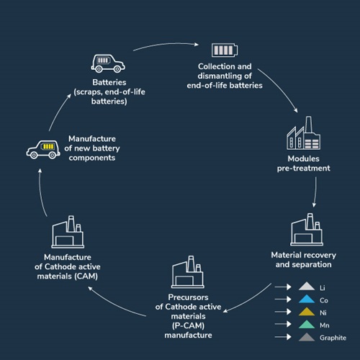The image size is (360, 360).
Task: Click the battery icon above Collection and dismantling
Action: coord(225,50)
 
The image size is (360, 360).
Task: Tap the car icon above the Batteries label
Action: coord(108,63)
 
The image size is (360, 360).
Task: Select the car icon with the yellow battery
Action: coord(43,150)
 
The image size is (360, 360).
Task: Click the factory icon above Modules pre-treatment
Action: coord(304,133)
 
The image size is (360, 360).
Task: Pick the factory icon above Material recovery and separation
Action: coord(307,230)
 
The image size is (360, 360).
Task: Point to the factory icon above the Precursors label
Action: coord(188,272)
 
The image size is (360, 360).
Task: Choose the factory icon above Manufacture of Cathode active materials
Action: coord(68,232)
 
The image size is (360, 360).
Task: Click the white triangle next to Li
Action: coord(307,286)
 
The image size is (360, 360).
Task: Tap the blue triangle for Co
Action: coord(307,299)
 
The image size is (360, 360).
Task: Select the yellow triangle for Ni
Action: coord(307,312)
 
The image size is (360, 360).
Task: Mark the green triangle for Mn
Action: coord(307,324)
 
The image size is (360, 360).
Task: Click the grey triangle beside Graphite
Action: coord(307,337)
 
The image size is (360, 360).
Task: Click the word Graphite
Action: coord(333,338)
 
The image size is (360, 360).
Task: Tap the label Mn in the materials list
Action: coord(325,325)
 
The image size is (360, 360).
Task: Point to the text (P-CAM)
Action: coord(188,325)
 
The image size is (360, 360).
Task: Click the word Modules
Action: coord(304,158)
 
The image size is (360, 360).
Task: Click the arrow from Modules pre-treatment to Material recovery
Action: coord(315,192)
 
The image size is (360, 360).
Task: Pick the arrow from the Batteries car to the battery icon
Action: coord(166,45)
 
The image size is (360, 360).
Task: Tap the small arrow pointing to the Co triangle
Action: coord(283,300)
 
